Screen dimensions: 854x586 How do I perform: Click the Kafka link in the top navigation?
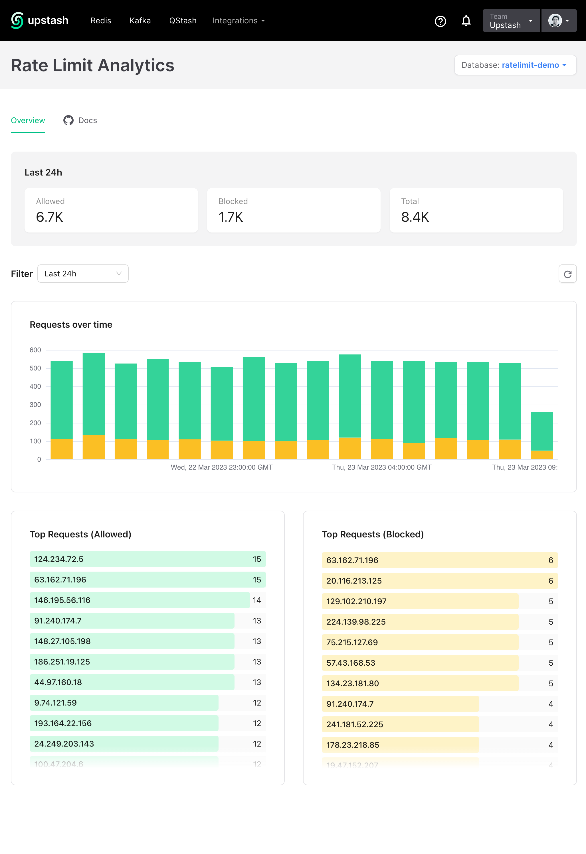tap(140, 21)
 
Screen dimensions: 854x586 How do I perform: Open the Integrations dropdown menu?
tap(239, 21)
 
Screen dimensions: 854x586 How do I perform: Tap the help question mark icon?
tap(440, 21)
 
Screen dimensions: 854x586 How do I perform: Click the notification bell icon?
tap(466, 21)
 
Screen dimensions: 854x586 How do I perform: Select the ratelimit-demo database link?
tap(530, 65)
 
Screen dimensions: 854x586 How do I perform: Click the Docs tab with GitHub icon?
tap(80, 121)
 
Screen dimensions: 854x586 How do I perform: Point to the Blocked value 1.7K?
tap(231, 217)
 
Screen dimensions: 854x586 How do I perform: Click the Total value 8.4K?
tap(415, 217)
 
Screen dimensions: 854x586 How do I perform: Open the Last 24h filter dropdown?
tap(83, 274)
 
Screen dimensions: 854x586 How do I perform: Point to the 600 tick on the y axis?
tap(35, 350)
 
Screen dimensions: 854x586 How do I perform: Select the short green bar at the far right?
tap(541, 431)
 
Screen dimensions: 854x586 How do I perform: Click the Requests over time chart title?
tap(71, 325)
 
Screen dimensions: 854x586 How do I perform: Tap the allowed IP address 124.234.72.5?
tap(59, 559)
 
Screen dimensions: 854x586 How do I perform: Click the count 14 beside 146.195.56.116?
tap(257, 600)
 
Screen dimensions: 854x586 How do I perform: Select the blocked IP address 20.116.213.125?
tap(354, 581)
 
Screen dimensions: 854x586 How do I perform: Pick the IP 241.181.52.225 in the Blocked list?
tap(355, 724)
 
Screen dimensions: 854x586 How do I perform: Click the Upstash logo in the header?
tap(40, 21)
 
